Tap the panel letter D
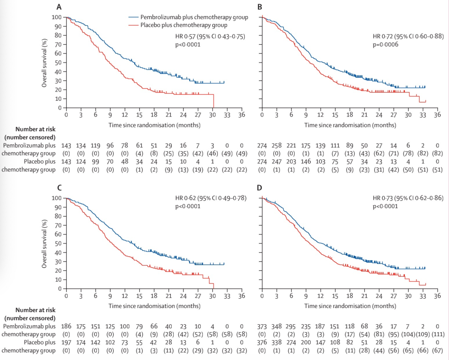coord(260,188)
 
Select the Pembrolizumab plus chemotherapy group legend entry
coord(188,17)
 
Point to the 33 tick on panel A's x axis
coord(227,115)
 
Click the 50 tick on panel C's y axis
coord(59,243)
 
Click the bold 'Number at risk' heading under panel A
coord(36,131)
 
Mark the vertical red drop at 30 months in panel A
coord(213,101)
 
